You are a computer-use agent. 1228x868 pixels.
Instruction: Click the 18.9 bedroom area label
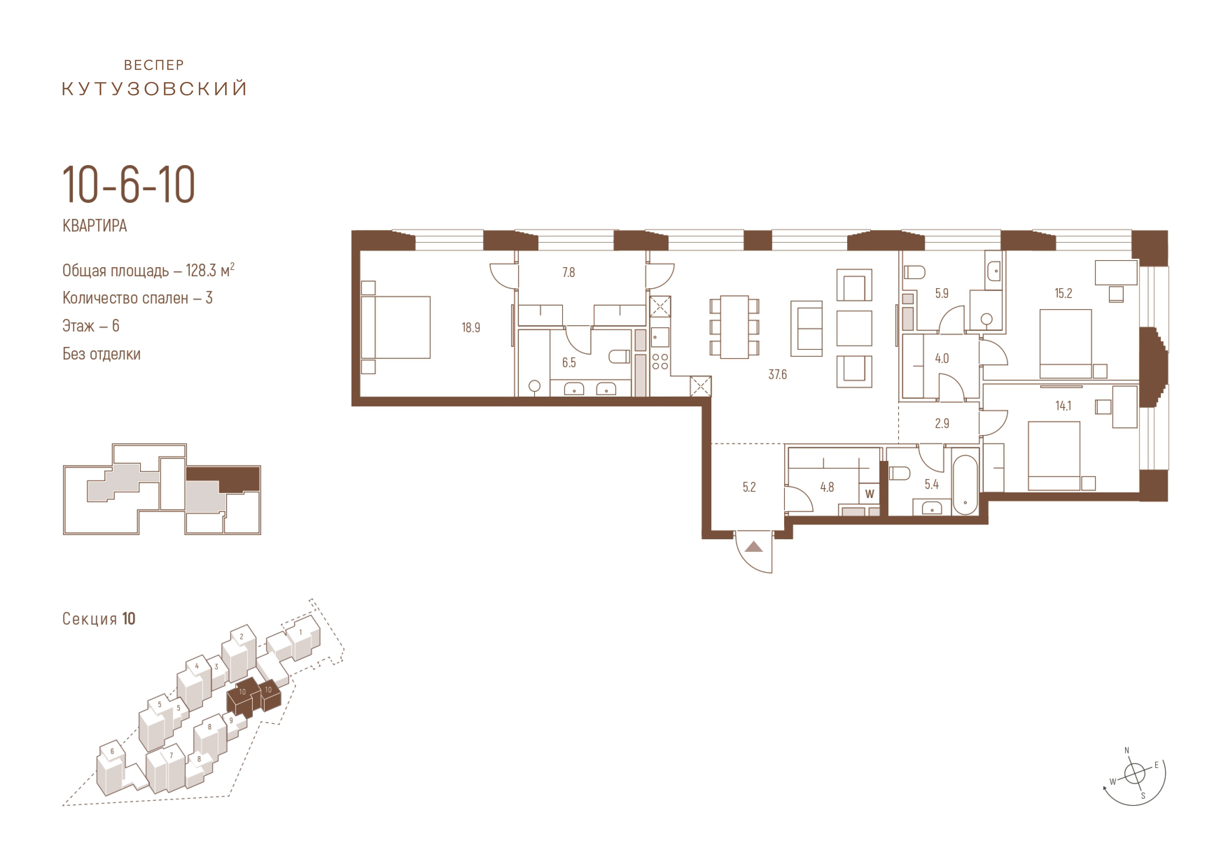471,328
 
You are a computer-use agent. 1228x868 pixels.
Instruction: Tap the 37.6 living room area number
778,375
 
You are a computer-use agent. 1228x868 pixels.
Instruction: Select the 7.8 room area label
568,272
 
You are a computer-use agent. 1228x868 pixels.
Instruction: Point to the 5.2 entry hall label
749,487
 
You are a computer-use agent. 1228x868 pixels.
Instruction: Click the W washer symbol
870,494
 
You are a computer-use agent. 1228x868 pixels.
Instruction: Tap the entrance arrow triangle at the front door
754,546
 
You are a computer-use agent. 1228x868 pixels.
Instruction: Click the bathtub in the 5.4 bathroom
965,485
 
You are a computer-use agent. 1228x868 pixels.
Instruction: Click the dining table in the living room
734,327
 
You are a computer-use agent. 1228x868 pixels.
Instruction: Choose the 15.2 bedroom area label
1063,293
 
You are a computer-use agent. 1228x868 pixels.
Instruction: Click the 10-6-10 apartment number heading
129,185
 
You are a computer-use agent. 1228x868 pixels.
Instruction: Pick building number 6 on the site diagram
112,751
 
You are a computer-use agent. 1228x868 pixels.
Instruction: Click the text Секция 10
99,619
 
